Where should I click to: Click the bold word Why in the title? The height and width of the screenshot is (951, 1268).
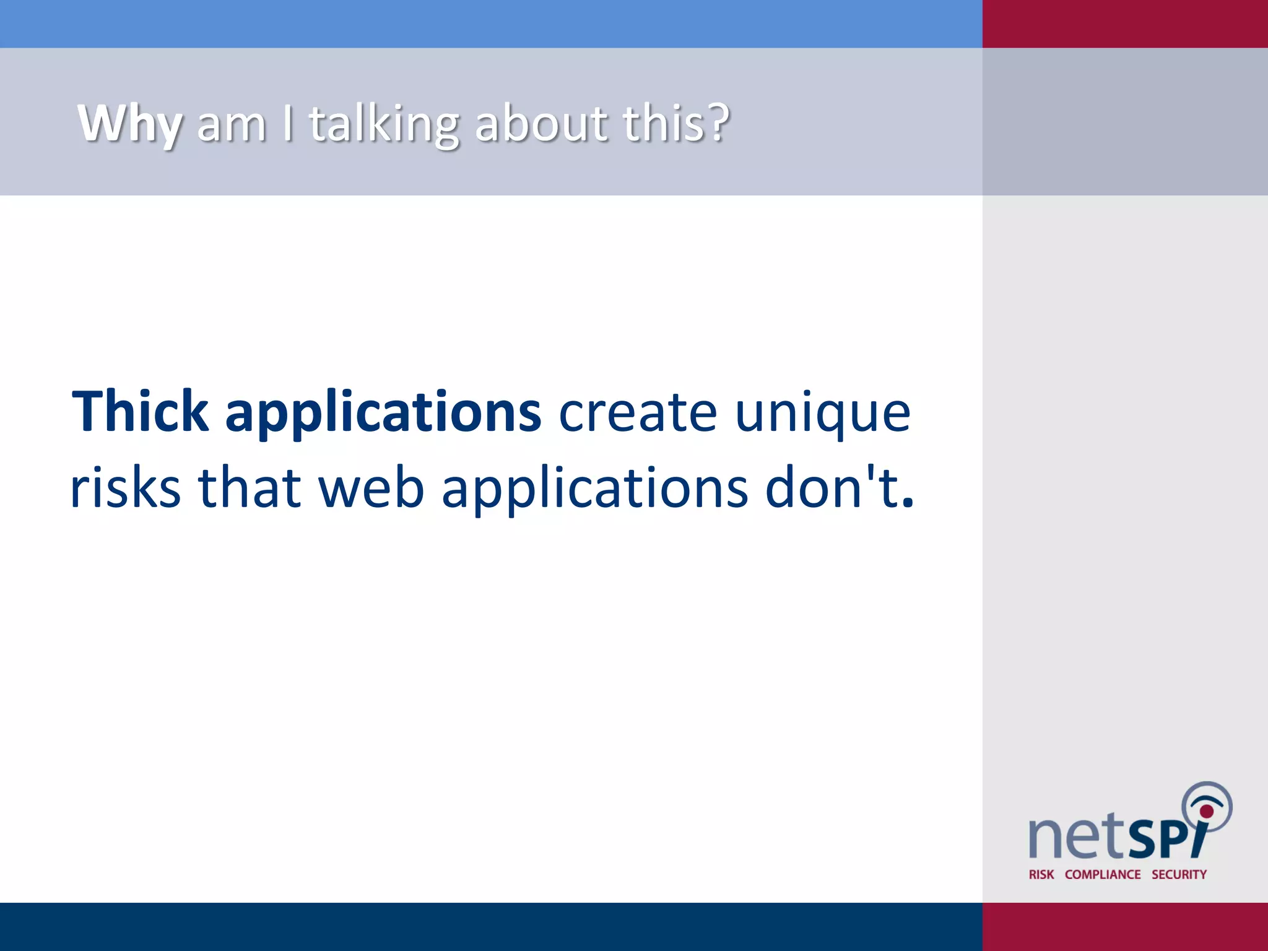[x=130, y=124]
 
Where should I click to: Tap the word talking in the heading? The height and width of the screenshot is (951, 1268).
[x=384, y=124]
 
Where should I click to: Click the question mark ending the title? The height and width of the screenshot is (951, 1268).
[x=718, y=122]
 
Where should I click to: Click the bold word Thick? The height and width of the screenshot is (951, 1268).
[x=141, y=412]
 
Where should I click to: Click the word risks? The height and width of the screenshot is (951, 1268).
[x=126, y=488]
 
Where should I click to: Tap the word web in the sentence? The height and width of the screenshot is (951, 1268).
[x=371, y=488]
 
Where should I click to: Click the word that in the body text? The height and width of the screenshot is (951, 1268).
[x=250, y=488]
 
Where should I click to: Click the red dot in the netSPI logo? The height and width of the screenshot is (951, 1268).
[x=1206, y=811]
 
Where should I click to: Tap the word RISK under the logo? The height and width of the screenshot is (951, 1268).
[x=1041, y=874]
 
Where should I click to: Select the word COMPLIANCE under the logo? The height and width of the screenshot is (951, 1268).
[x=1103, y=874]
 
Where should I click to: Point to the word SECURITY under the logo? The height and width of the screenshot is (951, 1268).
[x=1179, y=874]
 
